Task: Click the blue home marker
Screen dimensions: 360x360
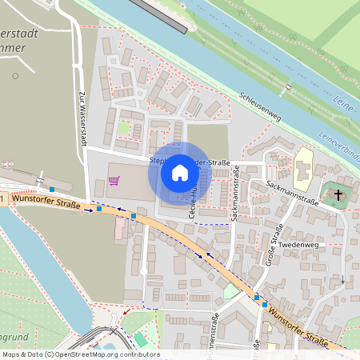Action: (179, 172)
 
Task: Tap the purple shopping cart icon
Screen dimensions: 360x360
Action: (114, 180)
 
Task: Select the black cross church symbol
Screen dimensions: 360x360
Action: (338, 194)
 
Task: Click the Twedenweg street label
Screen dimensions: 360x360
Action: (301, 245)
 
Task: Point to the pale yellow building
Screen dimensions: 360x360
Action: (303, 167)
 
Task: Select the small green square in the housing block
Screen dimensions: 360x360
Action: (123, 128)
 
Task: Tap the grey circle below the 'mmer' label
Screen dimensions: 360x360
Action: (14, 77)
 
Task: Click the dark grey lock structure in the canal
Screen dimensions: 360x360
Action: (160, 15)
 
